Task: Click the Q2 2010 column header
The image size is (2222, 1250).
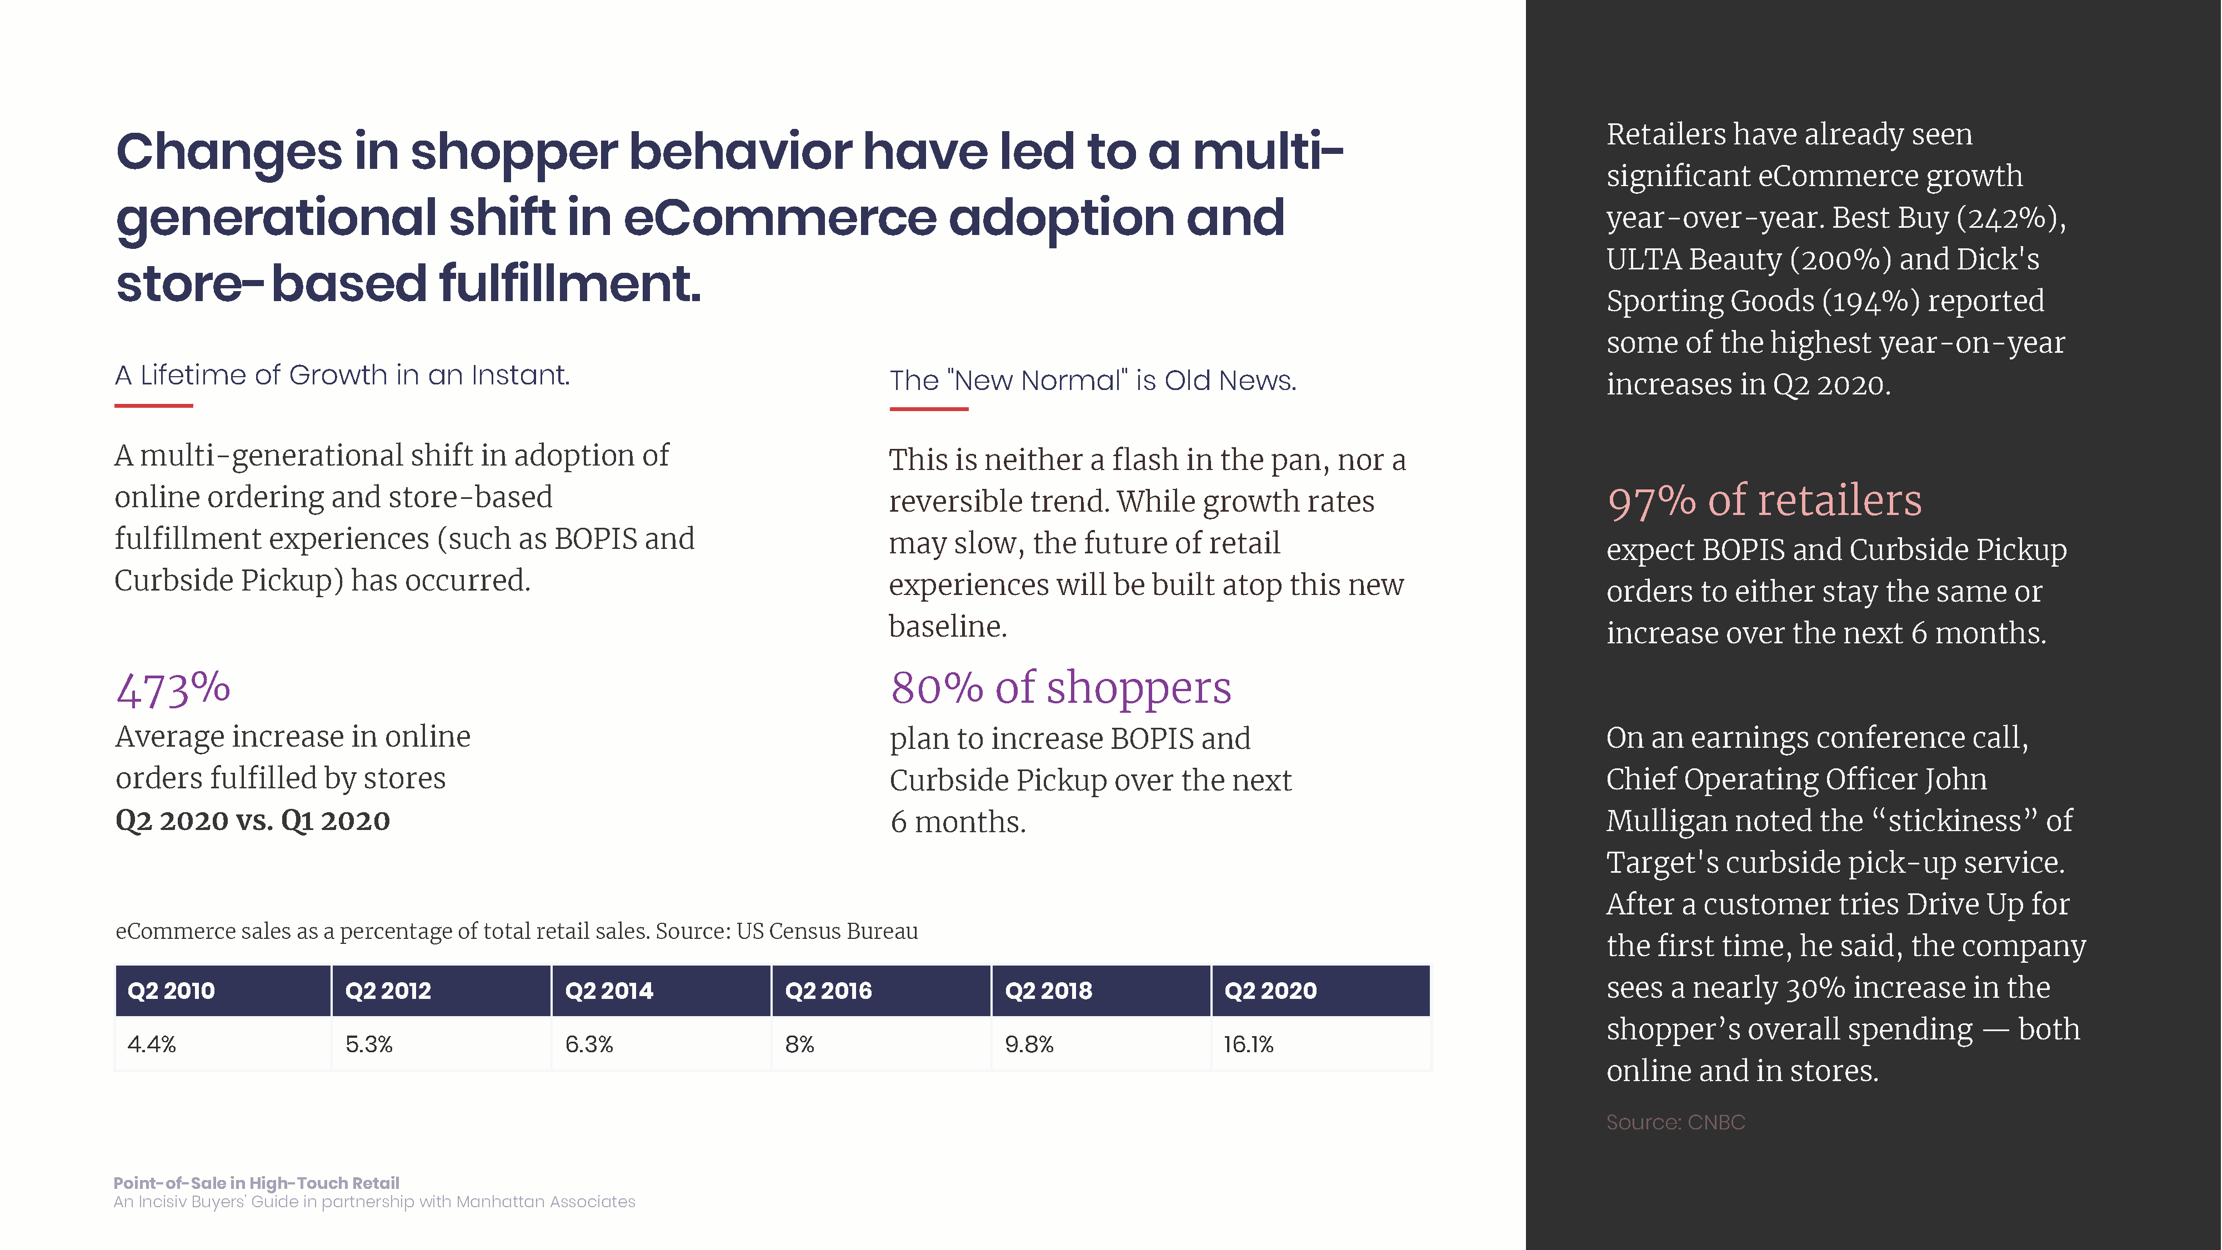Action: [171, 991]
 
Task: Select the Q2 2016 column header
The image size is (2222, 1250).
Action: [828, 991]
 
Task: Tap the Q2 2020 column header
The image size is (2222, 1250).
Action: [1270, 991]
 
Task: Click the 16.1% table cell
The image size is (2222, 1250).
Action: [1248, 1044]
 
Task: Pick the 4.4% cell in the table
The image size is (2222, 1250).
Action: [152, 1044]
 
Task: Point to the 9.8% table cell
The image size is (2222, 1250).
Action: [1029, 1044]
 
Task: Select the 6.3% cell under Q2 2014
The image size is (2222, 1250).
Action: [589, 1044]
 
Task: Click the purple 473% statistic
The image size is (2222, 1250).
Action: [173, 689]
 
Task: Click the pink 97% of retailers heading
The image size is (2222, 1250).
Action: [1764, 501]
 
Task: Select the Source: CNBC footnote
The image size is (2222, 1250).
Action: [1675, 1122]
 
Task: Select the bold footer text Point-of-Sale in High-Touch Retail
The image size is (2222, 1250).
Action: [256, 1183]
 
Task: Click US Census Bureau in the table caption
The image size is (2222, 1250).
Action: [827, 932]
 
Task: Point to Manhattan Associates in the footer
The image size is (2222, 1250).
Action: [545, 1202]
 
